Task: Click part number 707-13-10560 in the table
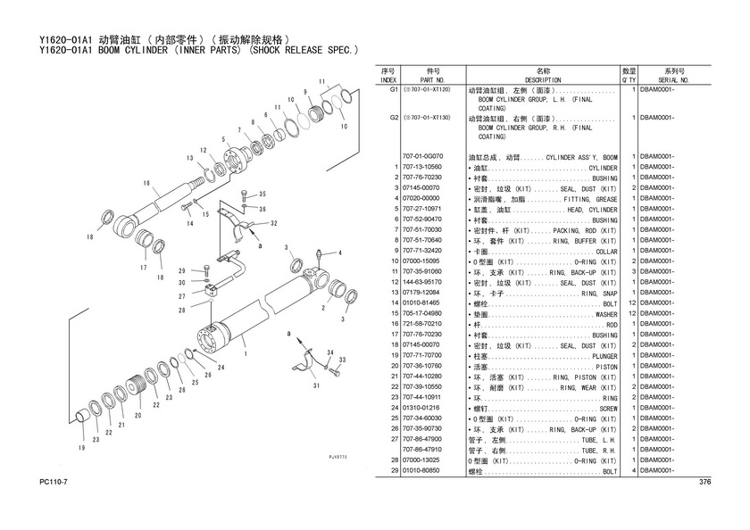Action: (422, 168)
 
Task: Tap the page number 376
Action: (704, 483)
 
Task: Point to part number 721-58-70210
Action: (422, 324)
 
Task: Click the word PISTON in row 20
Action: (605, 366)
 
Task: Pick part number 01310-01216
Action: (422, 408)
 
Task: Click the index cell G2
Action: (393, 118)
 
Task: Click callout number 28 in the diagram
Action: (181, 311)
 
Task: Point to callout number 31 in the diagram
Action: (316, 385)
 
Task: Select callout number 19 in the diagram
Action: (82, 448)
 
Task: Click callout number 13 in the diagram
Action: (190, 158)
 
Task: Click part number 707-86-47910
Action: (422, 450)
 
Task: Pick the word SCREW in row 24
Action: (607, 408)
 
